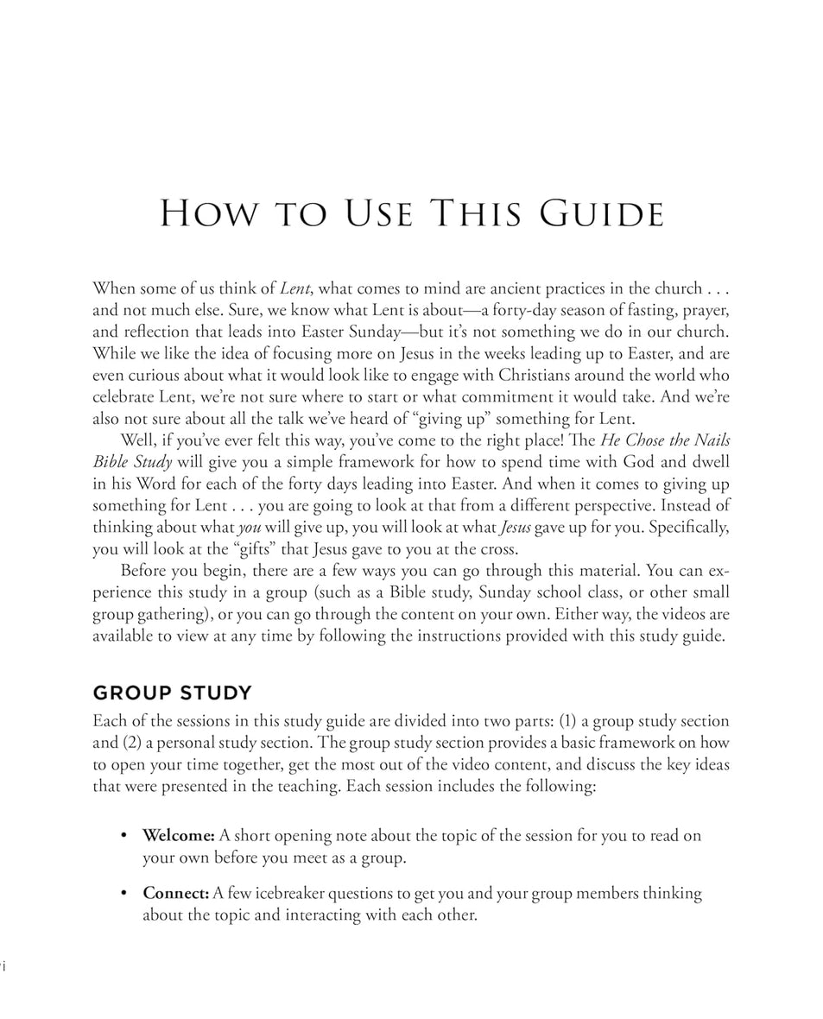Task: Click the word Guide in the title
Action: click(602, 214)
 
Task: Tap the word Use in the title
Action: click(377, 214)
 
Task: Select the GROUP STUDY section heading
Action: click(173, 693)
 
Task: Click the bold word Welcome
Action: click(179, 836)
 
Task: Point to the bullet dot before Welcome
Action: click(124, 836)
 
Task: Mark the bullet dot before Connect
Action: click(124, 893)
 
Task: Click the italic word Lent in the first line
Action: click(294, 288)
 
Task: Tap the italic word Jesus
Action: click(516, 527)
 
